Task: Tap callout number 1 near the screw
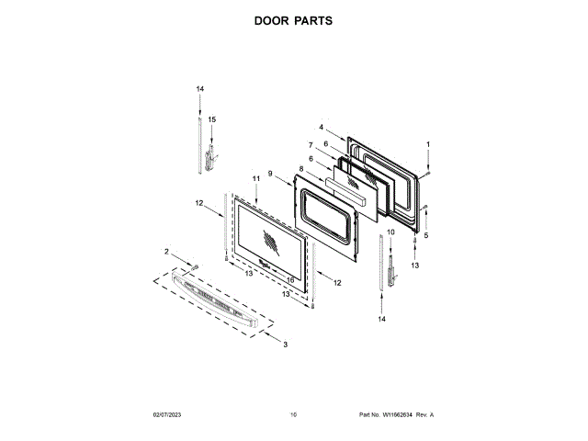[x=427, y=145]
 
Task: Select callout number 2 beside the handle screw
[x=166, y=252]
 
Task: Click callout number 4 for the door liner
[x=322, y=127]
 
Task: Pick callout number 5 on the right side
[x=425, y=235]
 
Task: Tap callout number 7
[x=311, y=145]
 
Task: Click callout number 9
[x=270, y=174]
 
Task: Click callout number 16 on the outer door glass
[x=290, y=279]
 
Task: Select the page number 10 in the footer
[x=293, y=415]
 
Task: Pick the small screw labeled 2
[x=194, y=266]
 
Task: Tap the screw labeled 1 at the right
[x=427, y=173]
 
